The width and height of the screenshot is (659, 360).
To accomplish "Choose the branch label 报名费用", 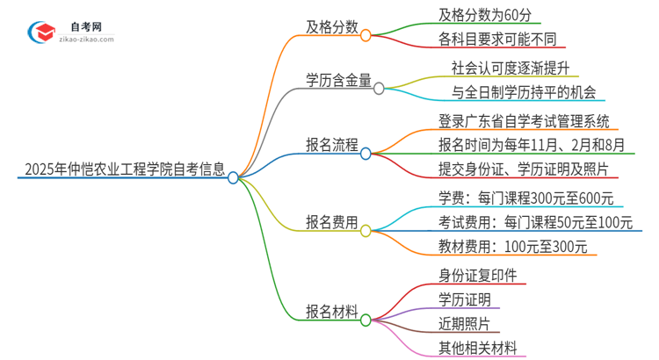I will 331,224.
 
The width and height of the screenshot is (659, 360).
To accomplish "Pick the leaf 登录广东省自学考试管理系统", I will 524,120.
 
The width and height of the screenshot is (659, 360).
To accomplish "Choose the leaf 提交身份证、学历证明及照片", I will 524,169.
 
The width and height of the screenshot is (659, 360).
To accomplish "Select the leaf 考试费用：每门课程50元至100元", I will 535,223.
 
